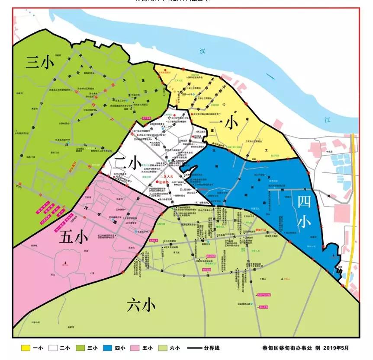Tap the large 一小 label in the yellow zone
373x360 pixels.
(x=223, y=124)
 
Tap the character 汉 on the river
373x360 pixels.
(x=202, y=51)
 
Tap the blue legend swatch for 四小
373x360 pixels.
(x=109, y=347)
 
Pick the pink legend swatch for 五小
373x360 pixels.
(x=136, y=347)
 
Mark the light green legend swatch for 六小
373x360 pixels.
(x=163, y=347)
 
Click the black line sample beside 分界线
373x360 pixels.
(x=195, y=347)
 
